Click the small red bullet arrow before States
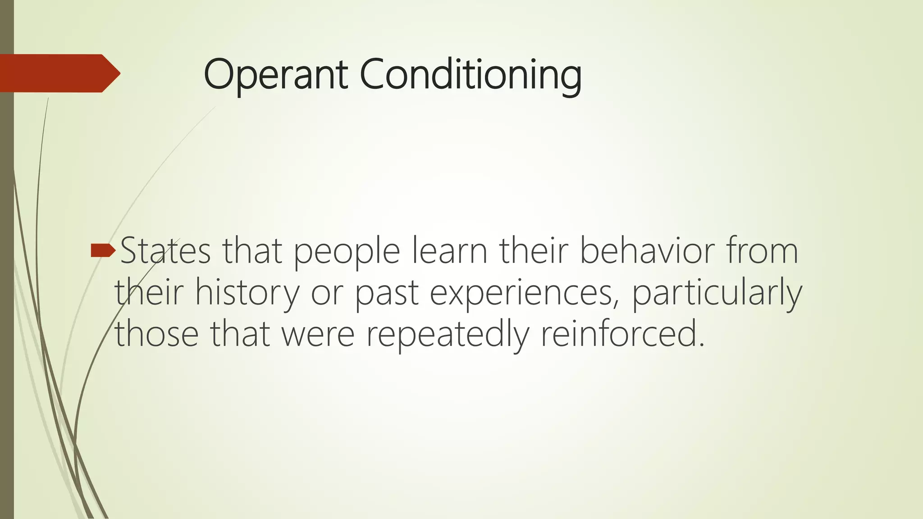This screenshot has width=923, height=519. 103,250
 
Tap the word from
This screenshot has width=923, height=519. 762,251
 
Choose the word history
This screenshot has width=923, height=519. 247,293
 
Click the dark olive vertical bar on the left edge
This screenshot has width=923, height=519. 7,315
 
